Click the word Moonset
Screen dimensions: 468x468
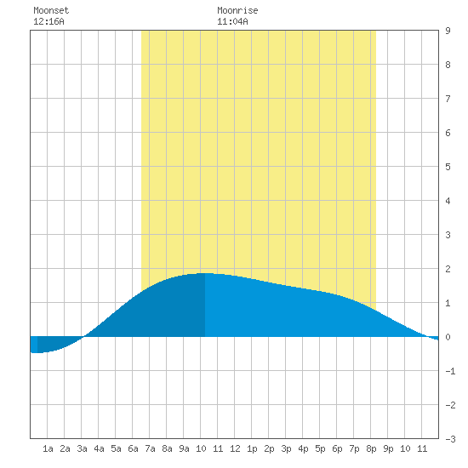click(51, 10)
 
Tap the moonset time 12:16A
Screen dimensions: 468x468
click(49, 21)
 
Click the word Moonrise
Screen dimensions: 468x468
click(237, 10)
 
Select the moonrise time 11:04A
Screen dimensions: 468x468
click(232, 21)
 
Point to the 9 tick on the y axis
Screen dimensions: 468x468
click(448, 31)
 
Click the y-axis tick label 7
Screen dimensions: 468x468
click(448, 99)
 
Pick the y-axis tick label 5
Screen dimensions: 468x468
click(448, 167)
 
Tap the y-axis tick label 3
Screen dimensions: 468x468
click(448, 235)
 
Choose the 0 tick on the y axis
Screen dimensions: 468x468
click(448, 337)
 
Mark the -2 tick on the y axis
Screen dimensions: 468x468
click(450, 405)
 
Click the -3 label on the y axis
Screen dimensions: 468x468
click(450, 439)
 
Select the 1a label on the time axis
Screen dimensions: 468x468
click(48, 448)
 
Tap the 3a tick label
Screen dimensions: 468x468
click(82, 448)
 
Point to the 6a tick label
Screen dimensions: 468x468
click(133, 448)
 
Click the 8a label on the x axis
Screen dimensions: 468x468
click(167, 448)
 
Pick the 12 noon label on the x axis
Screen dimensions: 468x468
click(235, 448)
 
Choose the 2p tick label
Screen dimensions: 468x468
click(269, 448)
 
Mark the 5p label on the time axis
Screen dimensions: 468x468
click(320, 448)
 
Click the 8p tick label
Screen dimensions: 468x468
click(371, 448)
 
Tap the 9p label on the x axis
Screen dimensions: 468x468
click(388, 448)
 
